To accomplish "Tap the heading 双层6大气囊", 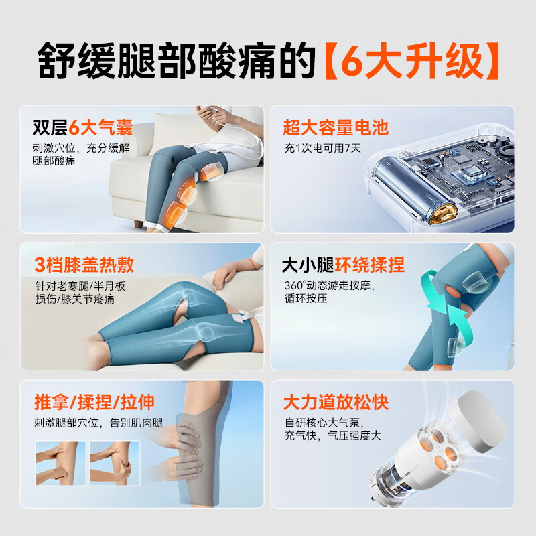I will point(83,127).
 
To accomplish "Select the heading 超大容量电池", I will point(336,128).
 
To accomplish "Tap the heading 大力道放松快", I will point(336,403).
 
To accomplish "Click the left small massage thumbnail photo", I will point(60,462).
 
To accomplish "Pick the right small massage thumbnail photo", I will point(115,462).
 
